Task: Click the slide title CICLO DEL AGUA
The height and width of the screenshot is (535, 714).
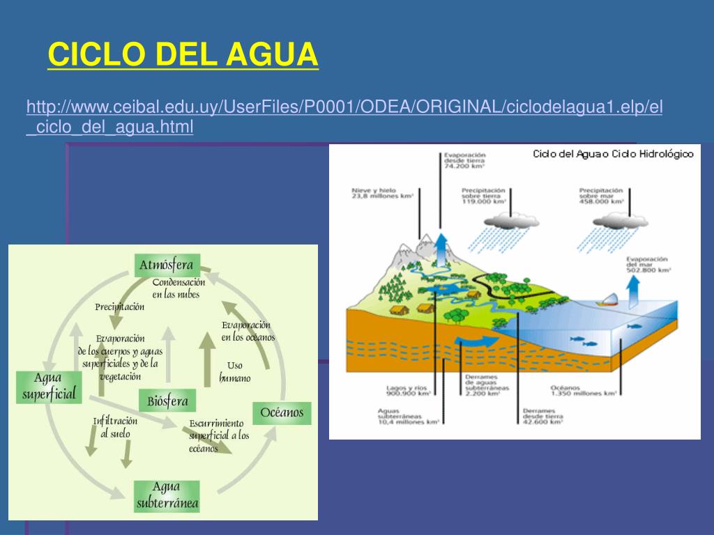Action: coord(183,54)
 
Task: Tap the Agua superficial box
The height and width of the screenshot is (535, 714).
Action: coord(47,387)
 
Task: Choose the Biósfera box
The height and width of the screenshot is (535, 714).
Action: coord(167,401)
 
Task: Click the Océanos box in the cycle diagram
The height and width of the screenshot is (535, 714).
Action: coord(282,412)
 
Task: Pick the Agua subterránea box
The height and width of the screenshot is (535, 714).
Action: coord(167,495)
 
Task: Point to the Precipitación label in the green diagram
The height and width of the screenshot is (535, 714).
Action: coord(120,307)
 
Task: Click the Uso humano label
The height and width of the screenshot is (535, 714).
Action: coord(234,372)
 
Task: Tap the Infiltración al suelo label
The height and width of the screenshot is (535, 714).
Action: coord(115,427)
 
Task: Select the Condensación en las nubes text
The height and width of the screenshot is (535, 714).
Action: coord(178,288)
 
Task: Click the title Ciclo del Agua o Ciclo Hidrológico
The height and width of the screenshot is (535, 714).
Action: coord(613,154)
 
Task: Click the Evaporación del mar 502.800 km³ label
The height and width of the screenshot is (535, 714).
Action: coord(648,263)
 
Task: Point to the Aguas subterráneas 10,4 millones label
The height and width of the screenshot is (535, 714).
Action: coord(408,416)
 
